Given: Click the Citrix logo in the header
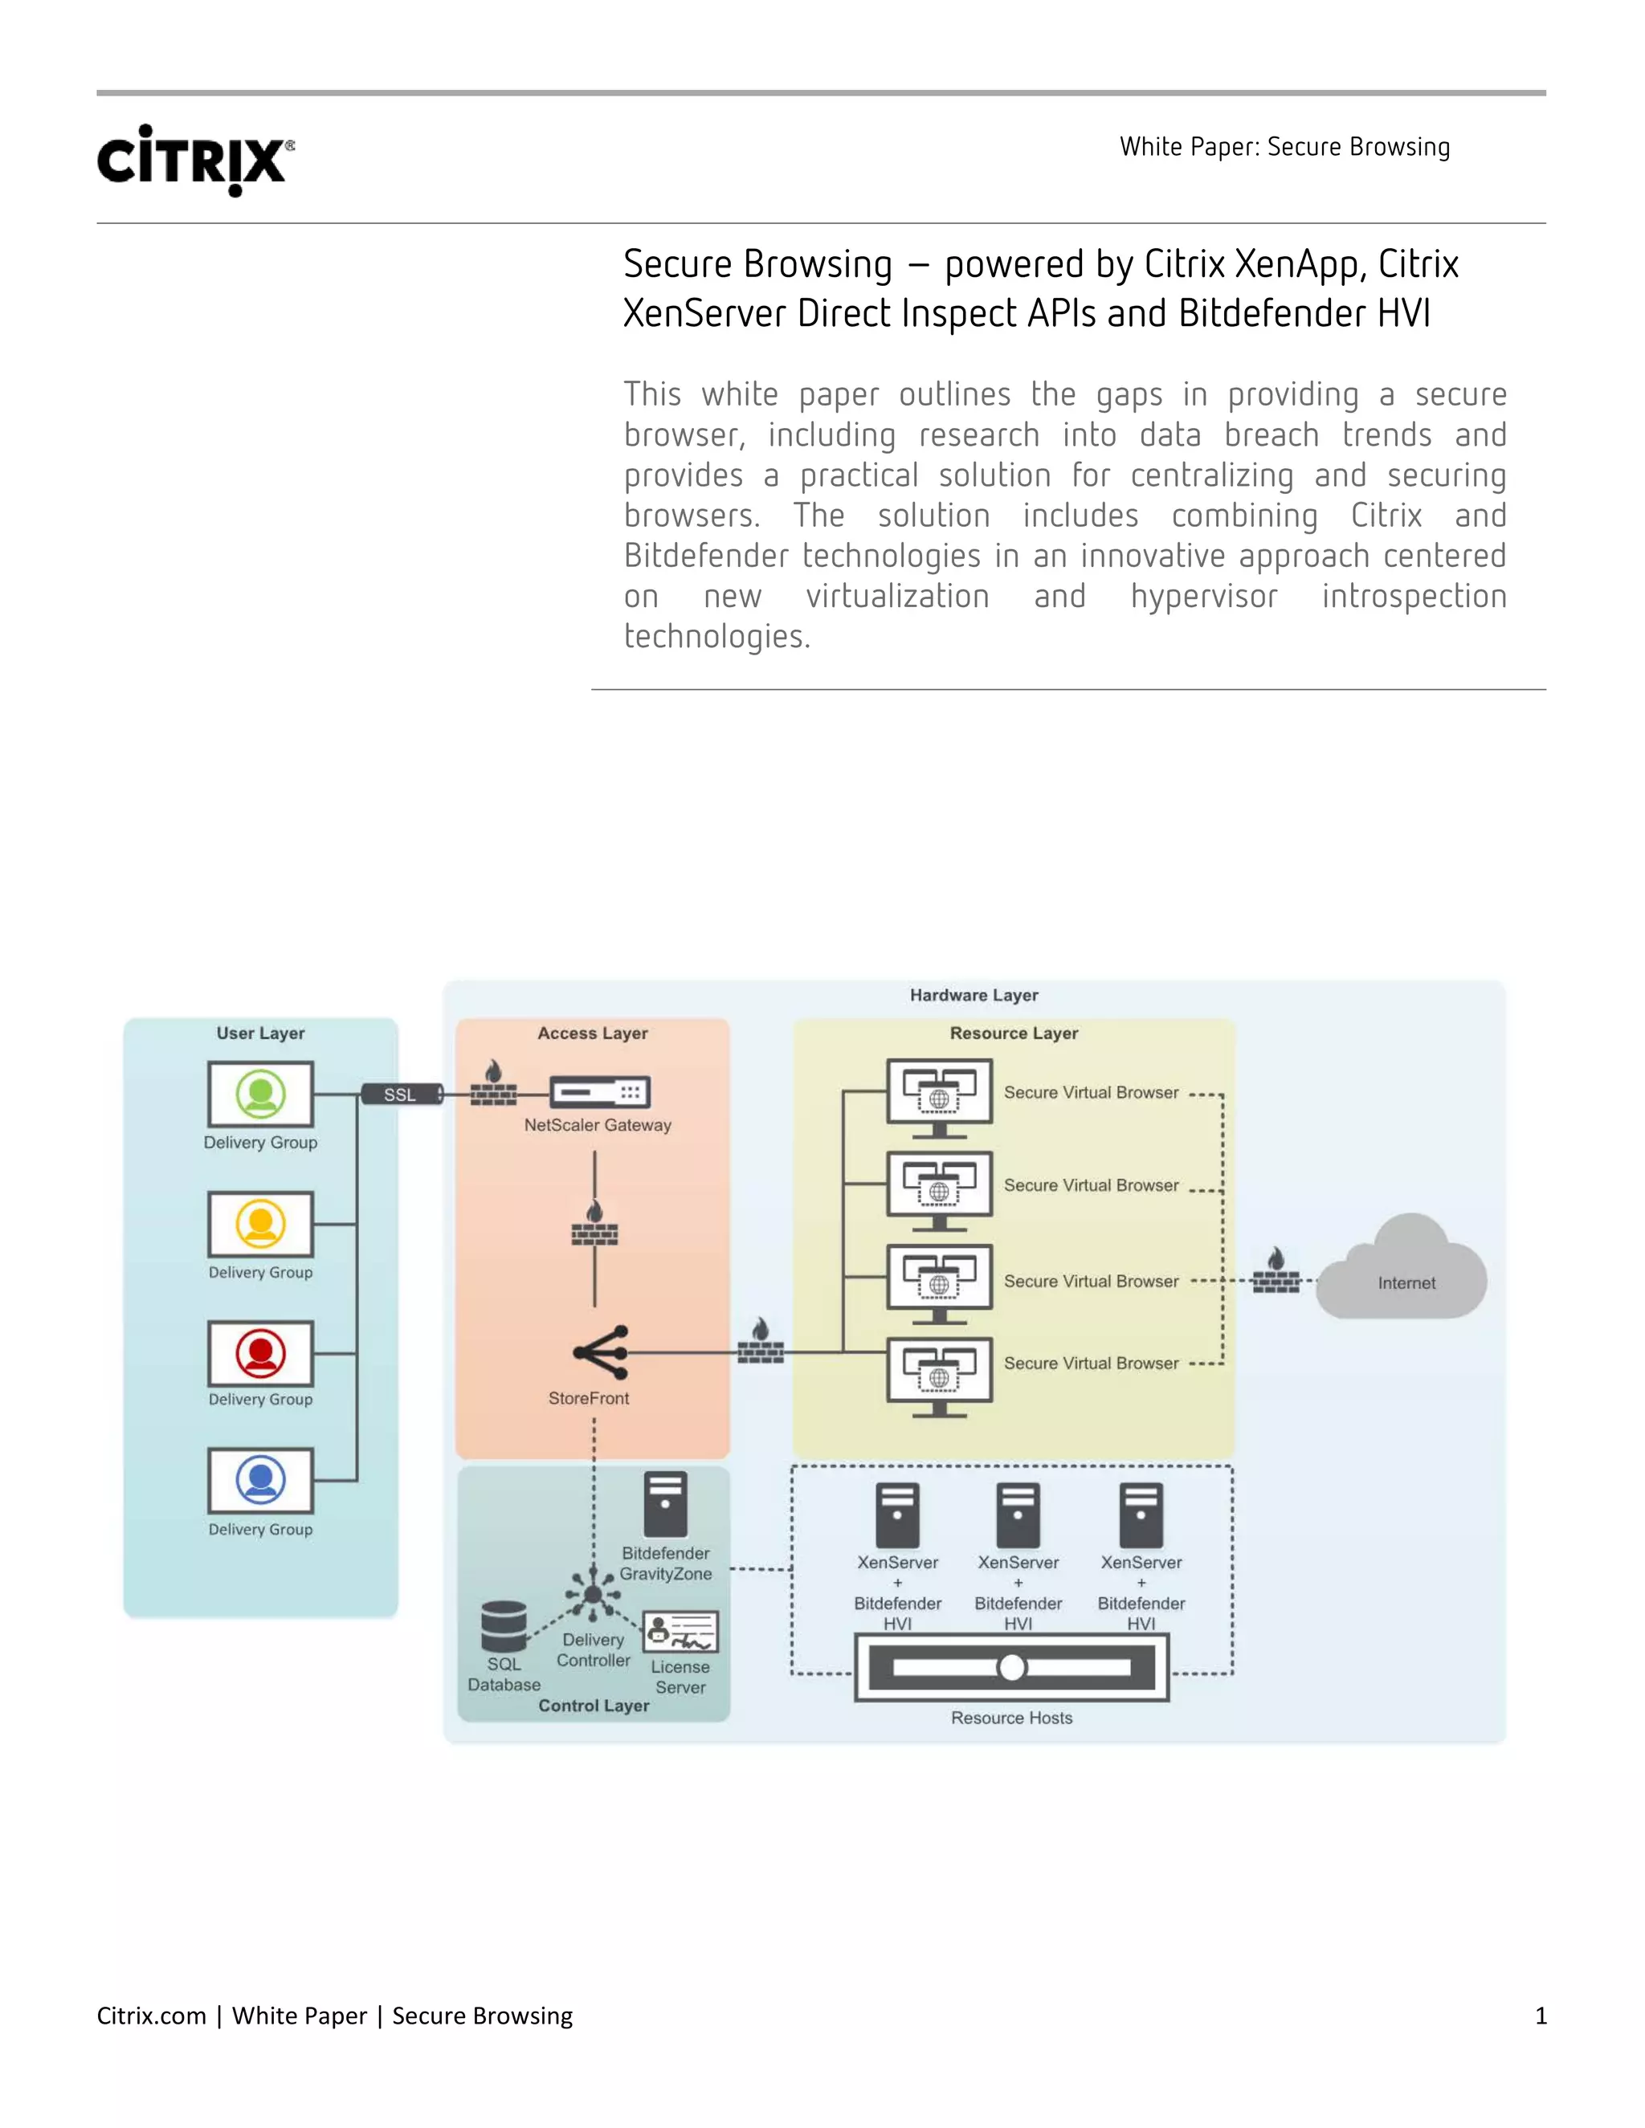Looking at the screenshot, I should pyautogui.click(x=195, y=160).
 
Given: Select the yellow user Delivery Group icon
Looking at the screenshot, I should pyautogui.click(x=260, y=1224).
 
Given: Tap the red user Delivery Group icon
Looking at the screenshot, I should pyautogui.click(x=260, y=1353).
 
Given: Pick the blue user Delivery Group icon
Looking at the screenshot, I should pyautogui.click(x=260, y=1480).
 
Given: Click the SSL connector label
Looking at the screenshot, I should pyautogui.click(x=399, y=1095).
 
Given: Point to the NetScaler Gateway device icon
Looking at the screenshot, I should pyautogui.click(x=599, y=1092).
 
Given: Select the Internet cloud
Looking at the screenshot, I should pyautogui.click(x=1403, y=1270).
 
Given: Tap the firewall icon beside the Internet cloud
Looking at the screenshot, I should pyautogui.click(x=1276, y=1273).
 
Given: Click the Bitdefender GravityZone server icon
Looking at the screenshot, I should pyautogui.click(x=666, y=1503).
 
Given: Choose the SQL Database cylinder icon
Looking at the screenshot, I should pyautogui.click(x=504, y=1626).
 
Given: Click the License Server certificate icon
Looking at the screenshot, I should pyautogui.click(x=680, y=1632).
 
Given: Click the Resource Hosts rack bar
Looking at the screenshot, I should pyautogui.click(x=1011, y=1667).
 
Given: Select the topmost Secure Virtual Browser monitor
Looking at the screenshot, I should pyautogui.click(x=940, y=1095).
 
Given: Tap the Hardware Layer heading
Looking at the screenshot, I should pyautogui.click(x=974, y=995).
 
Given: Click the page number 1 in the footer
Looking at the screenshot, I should pyautogui.click(x=1541, y=2015).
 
